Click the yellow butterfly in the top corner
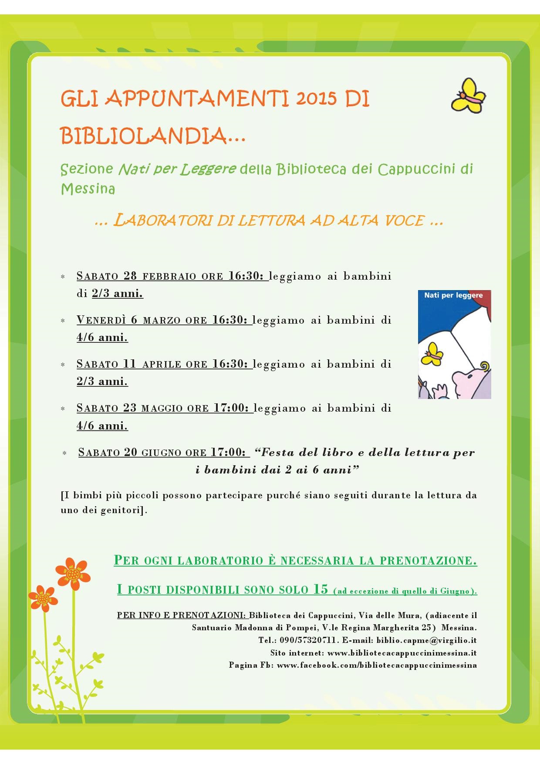point(468,96)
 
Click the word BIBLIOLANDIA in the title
point(144,135)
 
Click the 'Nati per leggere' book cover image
point(454,344)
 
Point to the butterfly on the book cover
point(432,354)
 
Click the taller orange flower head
point(74,573)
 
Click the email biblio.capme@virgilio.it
point(426,640)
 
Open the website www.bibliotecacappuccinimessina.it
point(402,653)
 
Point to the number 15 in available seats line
point(320,589)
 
